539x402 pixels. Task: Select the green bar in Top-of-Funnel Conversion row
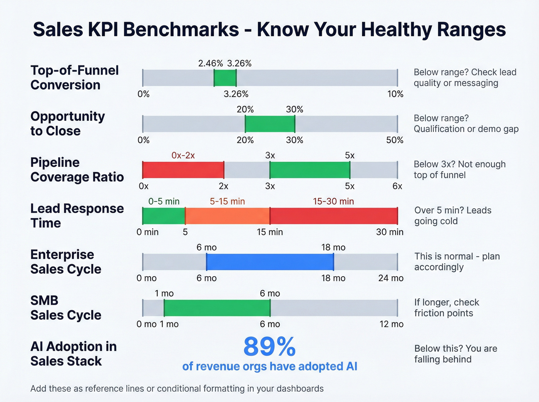click(x=225, y=78)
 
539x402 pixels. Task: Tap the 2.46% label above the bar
click(x=210, y=63)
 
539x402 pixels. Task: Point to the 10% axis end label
click(x=395, y=94)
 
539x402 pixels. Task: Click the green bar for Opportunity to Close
click(x=270, y=124)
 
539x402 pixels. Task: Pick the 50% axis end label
click(x=395, y=140)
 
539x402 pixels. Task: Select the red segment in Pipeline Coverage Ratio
click(x=183, y=170)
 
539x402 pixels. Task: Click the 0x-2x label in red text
click(x=183, y=155)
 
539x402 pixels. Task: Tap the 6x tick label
click(x=397, y=186)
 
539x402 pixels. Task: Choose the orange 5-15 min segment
click(x=228, y=216)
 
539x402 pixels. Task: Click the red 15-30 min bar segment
click(x=334, y=216)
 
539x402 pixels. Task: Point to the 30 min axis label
click(x=390, y=232)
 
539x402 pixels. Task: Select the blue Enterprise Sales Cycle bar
click(x=270, y=262)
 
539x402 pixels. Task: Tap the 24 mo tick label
click(x=391, y=278)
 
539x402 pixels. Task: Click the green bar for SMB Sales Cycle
click(x=217, y=308)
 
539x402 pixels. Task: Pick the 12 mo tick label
click(x=391, y=324)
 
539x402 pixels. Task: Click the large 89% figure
click(x=269, y=347)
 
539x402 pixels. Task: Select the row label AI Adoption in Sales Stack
click(x=73, y=354)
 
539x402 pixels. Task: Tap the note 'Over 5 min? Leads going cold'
click(x=452, y=216)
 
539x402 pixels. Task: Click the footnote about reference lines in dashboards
click(x=177, y=389)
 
